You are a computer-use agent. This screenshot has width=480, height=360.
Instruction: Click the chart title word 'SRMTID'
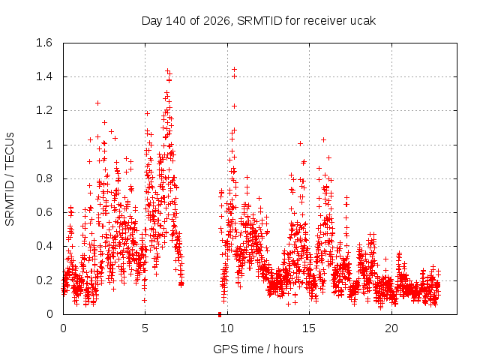click(x=259, y=21)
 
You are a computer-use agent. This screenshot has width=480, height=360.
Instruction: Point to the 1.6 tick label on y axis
click(x=44, y=43)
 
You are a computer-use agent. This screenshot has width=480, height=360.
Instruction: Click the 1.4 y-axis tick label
click(x=44, y=76)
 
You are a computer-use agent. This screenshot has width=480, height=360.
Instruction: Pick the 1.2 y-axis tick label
click(x=44, y=110)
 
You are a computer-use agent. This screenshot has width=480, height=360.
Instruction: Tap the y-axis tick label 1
click(x=49, y=145)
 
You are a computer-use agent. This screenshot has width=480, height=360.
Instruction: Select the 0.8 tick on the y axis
click(x=44, y=178)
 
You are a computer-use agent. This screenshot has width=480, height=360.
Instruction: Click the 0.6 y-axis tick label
click(x=44, y=212)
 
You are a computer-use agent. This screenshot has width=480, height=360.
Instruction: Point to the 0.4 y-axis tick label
click(x=44, y=246)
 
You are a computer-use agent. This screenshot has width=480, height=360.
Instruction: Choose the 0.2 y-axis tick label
click(x=44, y=280)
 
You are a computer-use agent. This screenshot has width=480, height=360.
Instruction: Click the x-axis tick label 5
click(x=145, y=328)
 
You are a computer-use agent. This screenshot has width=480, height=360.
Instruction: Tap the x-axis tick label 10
click(x=227, y=328)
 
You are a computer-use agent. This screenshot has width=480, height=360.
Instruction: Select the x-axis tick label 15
click(x=309, y=328)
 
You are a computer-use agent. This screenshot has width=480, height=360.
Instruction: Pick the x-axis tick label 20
click(x=391, y=328)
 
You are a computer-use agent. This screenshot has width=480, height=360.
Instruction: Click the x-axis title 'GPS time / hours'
click(x=258, y=349)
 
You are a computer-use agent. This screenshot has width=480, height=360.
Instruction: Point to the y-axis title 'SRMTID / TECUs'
click(x=10, y=179)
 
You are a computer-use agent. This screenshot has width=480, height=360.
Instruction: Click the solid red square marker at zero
click(x=220, y=314)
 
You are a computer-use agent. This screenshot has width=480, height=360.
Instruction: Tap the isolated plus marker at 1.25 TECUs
click(x=97, y=103)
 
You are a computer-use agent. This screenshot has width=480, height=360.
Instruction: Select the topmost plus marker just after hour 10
click(x=235, y=70)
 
